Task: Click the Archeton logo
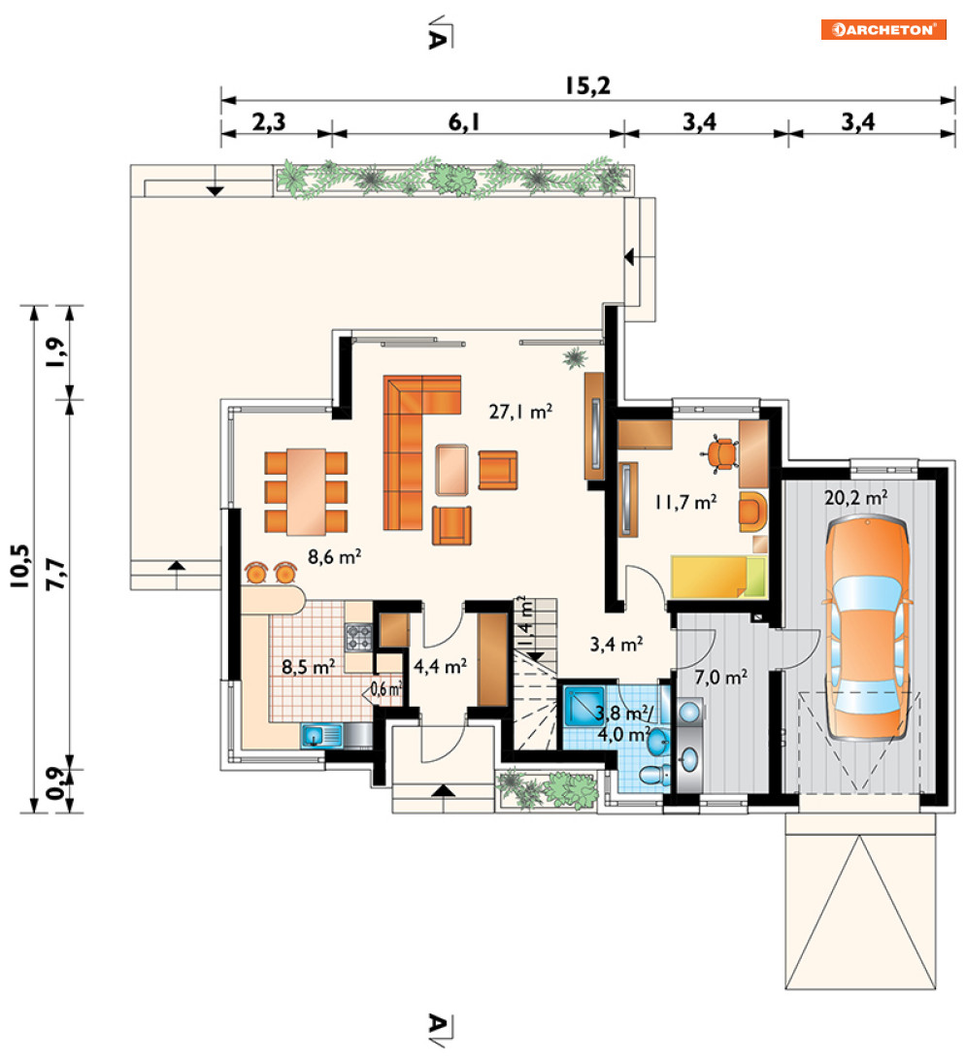[883, 29]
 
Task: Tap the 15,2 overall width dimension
[587, 85]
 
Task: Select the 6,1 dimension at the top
[464, 122]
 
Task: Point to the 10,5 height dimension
[19, 565]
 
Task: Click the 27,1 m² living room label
[520, 411]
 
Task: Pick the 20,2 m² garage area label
[855, 498]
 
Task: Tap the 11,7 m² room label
[685, 502]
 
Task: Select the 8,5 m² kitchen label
[309, 666]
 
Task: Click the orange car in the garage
[867, 628]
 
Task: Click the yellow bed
[718, 577]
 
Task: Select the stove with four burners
[358, 637]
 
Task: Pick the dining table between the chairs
[306, 491]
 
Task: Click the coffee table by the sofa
[451, 469]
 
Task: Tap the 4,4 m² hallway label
[440, 666]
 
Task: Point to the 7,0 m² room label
[720, 677]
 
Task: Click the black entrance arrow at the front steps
[444, 789]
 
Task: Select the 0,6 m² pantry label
[385, 689]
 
